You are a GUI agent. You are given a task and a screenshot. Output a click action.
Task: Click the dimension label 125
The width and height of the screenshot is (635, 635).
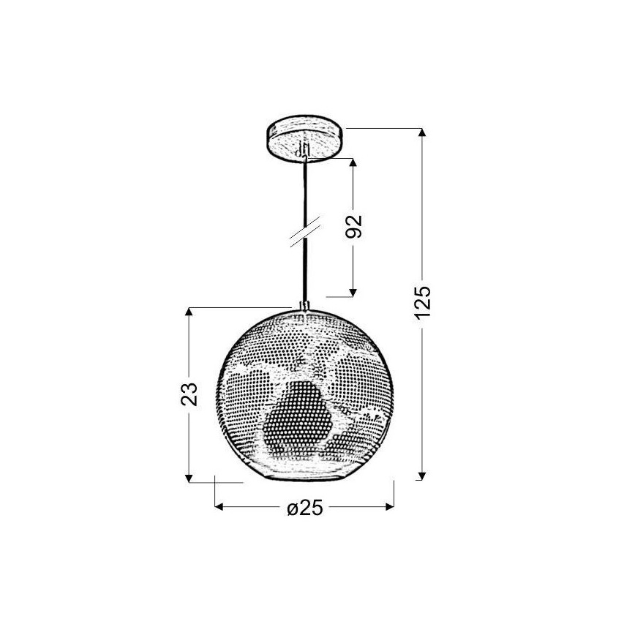click(423, 303)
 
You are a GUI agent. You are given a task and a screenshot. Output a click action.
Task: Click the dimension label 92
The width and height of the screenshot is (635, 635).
click(353, 226)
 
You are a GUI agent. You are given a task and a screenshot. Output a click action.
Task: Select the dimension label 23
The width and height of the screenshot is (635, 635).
click(189, 394)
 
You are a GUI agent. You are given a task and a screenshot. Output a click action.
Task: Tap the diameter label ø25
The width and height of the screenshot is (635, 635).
click(305, 507)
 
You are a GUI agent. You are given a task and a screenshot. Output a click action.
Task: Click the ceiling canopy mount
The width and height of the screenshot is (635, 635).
click(306, 139)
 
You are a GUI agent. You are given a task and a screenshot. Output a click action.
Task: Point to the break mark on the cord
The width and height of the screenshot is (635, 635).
click(305, 232)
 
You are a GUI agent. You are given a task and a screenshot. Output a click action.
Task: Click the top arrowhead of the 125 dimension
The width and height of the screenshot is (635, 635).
click(422, 132)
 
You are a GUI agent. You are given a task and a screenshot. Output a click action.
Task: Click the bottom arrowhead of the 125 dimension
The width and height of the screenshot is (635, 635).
click(422, 476)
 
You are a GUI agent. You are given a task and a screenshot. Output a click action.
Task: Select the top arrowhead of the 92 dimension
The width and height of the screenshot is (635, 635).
click(353, 162)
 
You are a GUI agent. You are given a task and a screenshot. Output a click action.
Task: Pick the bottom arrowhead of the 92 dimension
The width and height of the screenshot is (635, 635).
click(353, 293)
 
